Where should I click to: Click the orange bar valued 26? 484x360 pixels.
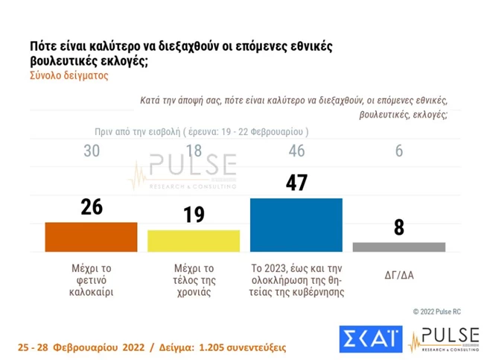point(91,236)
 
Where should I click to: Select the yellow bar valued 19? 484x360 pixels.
point(194,241)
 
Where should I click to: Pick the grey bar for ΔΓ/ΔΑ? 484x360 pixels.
point(398,247)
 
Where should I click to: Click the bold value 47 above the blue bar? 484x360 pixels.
point(296,183)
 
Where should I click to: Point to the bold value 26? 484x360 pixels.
point(91,207)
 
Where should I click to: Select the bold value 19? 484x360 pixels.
point(194,215)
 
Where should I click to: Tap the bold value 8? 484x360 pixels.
point(399,227)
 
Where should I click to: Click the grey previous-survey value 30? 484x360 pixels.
point(91,151)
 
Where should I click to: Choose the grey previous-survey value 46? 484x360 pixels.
point(296,151)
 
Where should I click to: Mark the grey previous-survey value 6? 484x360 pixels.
point(399,151)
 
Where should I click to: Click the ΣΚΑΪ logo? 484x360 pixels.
point(371,339)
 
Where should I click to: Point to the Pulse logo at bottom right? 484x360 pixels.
point(444,339)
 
